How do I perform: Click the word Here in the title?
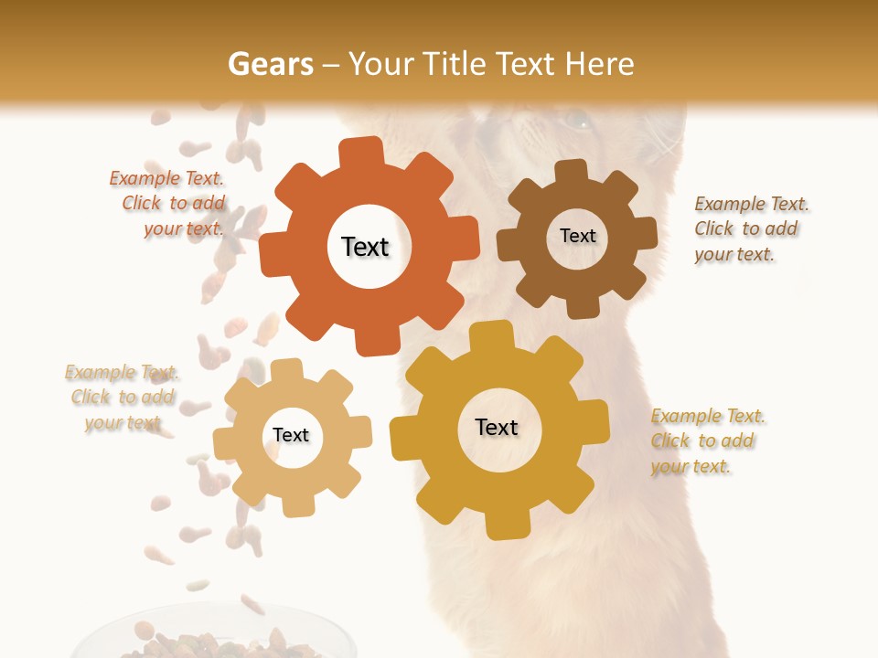pyautogui.click(x=600, y=64)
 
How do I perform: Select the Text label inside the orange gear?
pyautogui.click(x=365, y=247)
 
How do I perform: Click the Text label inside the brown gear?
pyautogui.click(x=577, y=236)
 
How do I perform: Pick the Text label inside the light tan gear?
pyautogui.click(x=291, y=435)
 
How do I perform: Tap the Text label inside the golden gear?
pyautogui.click(x=497, y=427)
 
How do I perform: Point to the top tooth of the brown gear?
pyautogui.click(x=572, y=173)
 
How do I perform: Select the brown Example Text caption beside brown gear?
pyautogui.click(x=750, y=228)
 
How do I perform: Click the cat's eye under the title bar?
pyautogui.click(x=575, y=120)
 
